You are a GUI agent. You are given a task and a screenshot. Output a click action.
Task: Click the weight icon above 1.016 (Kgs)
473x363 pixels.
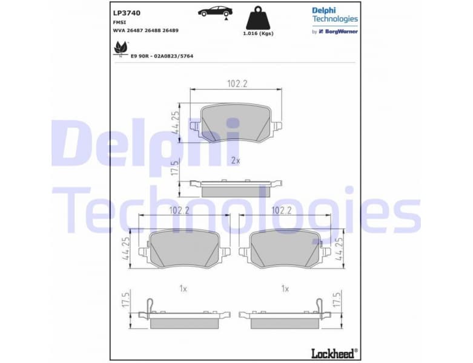click(258, 18)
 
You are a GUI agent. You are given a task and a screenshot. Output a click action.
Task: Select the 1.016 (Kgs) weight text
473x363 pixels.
click(258, 33)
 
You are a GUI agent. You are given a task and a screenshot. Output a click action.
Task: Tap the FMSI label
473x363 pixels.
click(120, 21)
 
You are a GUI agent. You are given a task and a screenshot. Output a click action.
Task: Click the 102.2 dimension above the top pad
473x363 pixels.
click(237, 84)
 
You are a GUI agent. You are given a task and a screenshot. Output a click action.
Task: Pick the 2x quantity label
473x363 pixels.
click(236, 161)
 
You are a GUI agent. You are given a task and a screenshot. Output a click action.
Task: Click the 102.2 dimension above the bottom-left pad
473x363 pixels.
click(179, 211)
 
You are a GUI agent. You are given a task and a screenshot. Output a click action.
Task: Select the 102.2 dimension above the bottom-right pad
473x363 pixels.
click(282, 211)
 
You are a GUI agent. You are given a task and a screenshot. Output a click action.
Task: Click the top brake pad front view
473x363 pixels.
click(236, 123)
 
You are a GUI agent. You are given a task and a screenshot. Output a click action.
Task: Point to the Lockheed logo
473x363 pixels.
click(332, 352)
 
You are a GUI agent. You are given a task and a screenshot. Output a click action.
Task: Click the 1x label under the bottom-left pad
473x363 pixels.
click(183, 289)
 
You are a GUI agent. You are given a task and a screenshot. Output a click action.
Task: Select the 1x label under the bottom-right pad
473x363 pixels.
click(285, 289)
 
